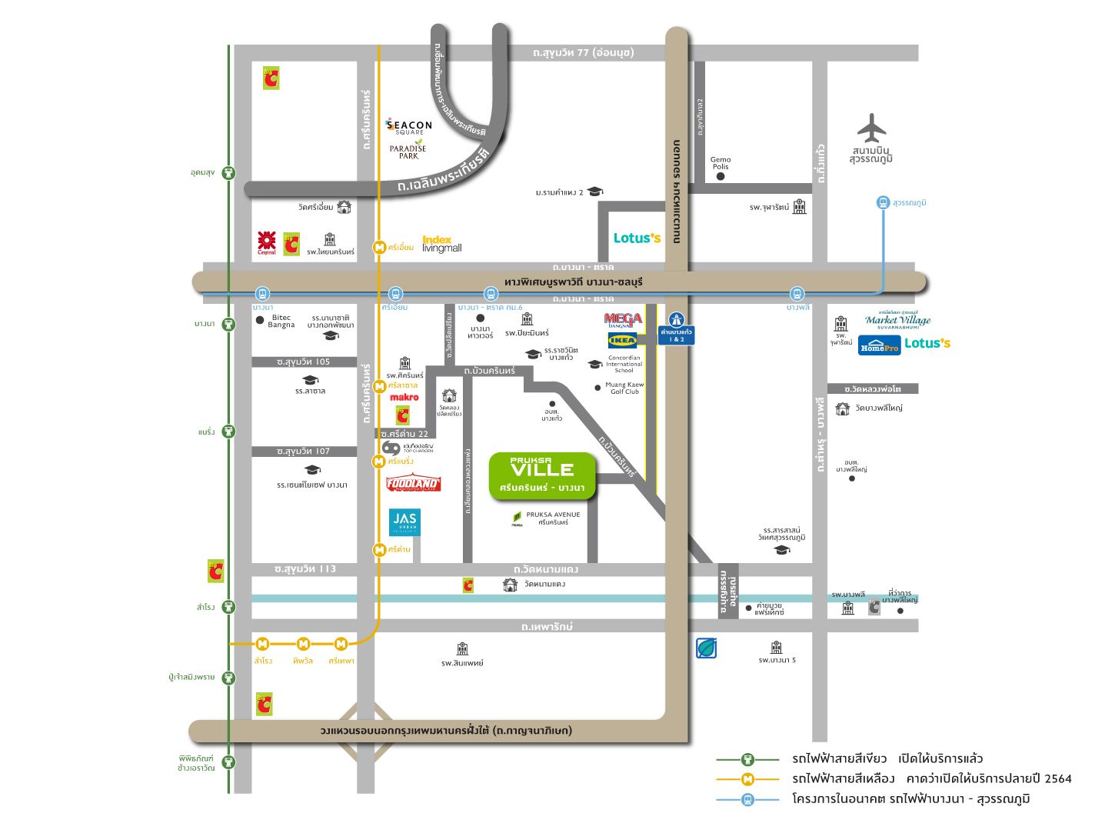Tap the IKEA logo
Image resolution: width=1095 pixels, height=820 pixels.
(x=622, y=340)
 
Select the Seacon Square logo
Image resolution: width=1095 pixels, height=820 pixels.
(x=409, y=127)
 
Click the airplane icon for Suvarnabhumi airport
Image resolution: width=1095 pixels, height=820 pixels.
(x=871, y=128)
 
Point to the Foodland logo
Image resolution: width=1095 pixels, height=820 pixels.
(x=413, y=483)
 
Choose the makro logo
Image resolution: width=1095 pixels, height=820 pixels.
(x=404, y=398)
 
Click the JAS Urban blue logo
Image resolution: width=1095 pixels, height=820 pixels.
(x=404, y=522)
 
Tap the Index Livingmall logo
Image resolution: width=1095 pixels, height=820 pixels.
(x=441, y=245)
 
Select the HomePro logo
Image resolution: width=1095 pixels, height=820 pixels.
(x=879, y=345)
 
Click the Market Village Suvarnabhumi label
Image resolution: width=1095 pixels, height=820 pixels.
(x=897, y=320)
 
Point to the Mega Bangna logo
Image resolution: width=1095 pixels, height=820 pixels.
(x=622, y=320)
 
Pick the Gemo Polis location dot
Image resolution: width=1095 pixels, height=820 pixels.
(x=721, y=176)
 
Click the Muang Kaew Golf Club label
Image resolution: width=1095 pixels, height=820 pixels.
(x=624, y=388)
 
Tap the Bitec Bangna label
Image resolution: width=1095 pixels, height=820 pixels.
(x=281, y=321)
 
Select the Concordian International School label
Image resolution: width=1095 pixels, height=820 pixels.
(x=624, y=364)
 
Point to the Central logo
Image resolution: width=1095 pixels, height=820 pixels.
(x=267, y=243)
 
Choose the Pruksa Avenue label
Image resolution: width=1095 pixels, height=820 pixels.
(x=553, y=518)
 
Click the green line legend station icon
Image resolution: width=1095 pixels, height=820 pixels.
(x=747, y=759)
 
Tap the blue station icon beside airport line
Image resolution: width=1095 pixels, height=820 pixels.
(x=883, y=202)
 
